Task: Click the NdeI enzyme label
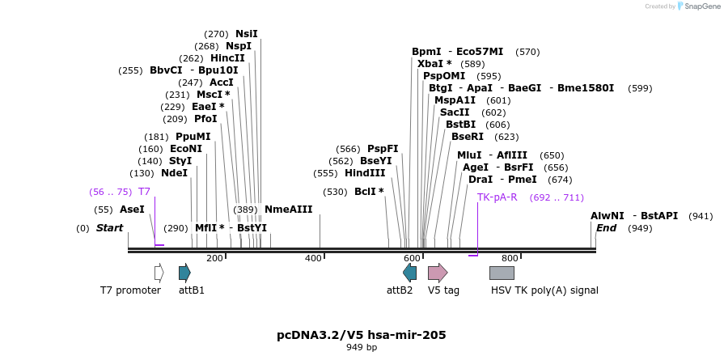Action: [174, 173]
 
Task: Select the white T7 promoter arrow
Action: [159, 273]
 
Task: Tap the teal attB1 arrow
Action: [184, 273]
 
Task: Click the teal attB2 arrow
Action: [409, 273]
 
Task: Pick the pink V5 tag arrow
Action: [438, 273]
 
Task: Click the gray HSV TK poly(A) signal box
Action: [502, 273]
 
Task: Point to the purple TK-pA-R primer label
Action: [497, 197]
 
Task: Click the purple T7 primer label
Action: [144, 192]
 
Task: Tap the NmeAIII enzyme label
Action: [288, 210]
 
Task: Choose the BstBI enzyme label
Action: [460, 125]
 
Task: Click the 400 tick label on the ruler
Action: [313, 258]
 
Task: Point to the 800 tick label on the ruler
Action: [510, 258]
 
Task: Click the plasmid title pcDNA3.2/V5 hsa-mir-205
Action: [362, 335]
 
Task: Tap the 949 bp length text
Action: [362, 348]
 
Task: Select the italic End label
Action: [606, 228]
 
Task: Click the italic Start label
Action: [109, 228]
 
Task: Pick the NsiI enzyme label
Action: [247, 34]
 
